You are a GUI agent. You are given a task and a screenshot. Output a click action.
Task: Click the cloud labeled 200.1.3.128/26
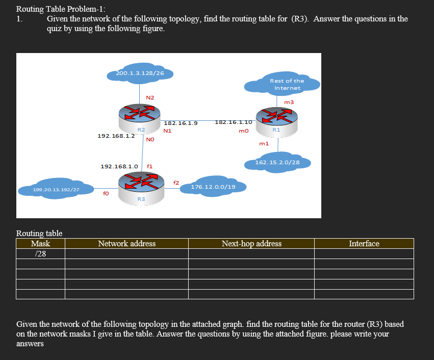140,74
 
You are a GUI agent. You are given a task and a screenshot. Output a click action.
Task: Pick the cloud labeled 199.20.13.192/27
56,190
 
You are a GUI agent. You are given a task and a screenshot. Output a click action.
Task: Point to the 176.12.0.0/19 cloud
213,187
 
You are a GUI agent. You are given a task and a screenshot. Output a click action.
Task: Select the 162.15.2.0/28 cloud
277,163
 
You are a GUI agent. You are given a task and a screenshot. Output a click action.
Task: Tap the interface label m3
289,102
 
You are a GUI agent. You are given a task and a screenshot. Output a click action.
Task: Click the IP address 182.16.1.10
233,122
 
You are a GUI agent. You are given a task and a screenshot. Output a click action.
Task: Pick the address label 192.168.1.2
116,136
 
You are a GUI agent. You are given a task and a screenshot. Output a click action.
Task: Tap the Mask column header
40,244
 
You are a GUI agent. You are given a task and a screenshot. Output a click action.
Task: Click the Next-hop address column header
251,244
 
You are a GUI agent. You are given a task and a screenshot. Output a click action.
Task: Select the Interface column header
364,244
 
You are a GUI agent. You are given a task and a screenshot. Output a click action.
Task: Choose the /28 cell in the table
40,254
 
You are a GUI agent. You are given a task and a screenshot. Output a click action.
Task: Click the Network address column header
126,244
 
